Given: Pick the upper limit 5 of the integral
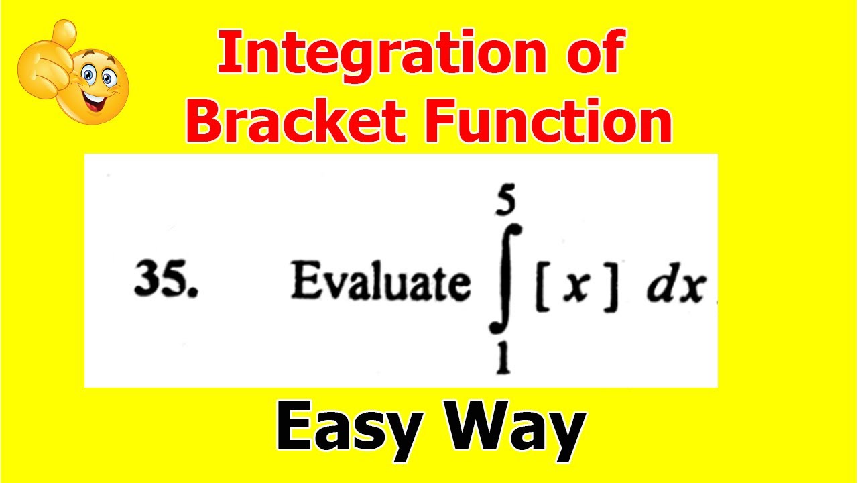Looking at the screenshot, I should pos(505,201).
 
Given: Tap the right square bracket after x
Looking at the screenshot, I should pos(611,288).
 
